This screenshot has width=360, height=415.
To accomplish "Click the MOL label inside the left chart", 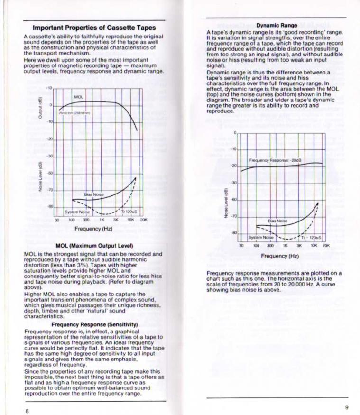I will point(79,97).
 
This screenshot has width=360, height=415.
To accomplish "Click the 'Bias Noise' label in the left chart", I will point(94,194).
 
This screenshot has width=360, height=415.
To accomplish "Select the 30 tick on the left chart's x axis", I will point(56,220).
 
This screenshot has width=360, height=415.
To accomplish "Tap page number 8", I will point(27,410).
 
